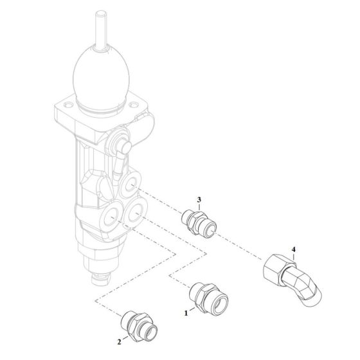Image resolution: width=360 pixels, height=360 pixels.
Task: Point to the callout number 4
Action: click(x=293, y=249)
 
